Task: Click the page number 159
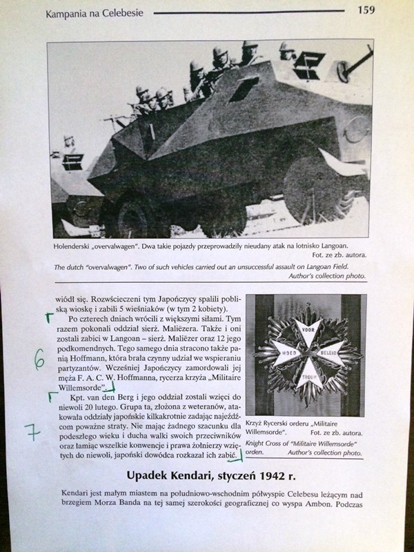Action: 366,10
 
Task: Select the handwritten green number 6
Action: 39,359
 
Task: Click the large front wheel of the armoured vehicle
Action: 135,214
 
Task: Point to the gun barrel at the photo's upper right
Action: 355,66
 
